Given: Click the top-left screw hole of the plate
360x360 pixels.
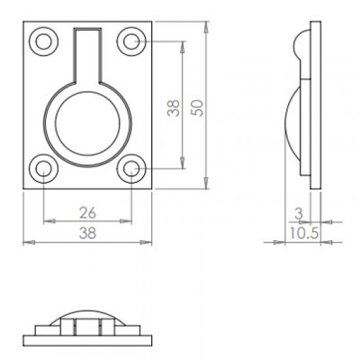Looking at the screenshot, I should tap(44, 41).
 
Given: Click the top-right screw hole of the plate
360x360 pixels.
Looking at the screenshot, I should tap(132, 41).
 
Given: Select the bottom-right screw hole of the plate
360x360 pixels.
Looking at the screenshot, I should tap(132, 170).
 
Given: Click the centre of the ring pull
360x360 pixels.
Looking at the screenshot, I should tap(88, 123).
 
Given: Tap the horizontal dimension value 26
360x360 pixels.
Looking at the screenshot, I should tap(88, 213).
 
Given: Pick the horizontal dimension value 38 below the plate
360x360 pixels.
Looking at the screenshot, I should tap(88, 232).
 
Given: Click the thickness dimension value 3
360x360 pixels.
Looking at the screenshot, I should tap(298, 213).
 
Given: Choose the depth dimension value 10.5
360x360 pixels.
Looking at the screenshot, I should tap(298, 232).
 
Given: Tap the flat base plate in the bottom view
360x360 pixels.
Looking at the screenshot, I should tap(88, 340).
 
